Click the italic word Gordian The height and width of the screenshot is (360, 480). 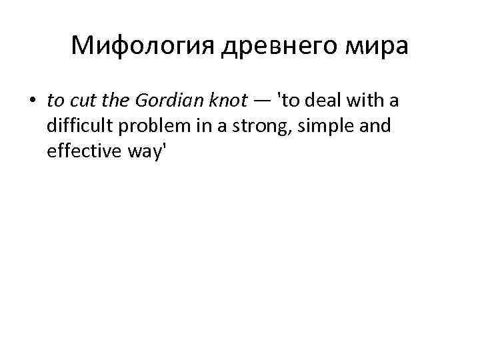(162, 101)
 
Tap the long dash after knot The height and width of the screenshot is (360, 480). (261, 101)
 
